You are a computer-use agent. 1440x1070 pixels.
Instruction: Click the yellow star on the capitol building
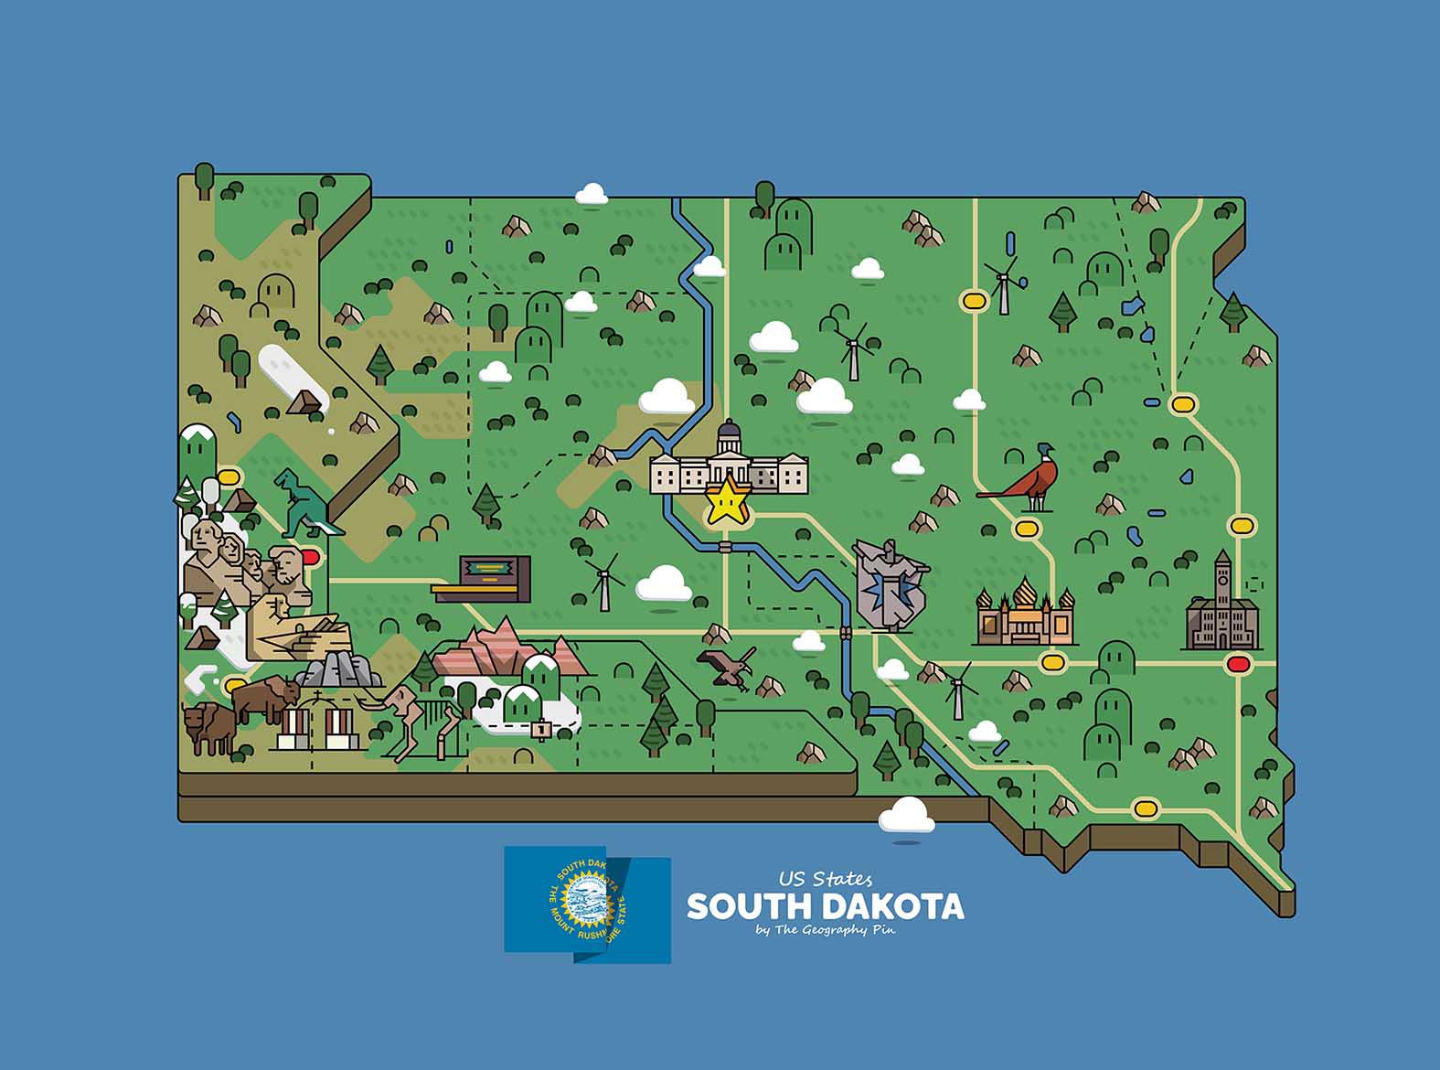pos(729,501)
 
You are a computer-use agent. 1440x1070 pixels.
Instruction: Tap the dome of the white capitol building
pos(730,433)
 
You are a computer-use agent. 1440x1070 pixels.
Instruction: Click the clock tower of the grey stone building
pos(1222,576)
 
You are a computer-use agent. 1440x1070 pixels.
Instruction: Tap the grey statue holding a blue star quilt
pos(888,583)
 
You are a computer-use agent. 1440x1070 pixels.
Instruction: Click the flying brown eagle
pos(728,668)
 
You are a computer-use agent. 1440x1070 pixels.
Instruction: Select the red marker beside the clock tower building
pos(1239,664)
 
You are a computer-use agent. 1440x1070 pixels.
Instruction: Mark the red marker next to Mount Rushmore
pos(310,555)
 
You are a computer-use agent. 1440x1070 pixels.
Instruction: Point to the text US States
pos(825,879)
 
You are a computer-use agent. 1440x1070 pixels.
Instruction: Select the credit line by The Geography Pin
pos(826,931)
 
